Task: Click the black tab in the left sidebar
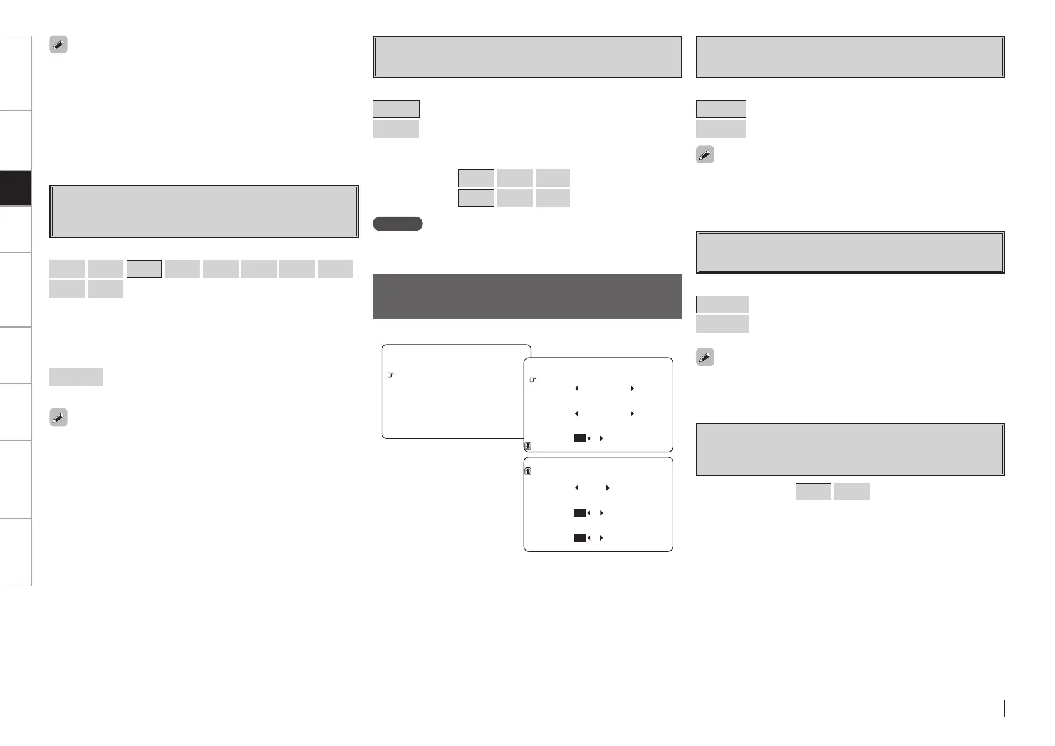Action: point(15,188)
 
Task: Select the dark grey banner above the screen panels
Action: point(527,296)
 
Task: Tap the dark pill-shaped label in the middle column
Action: point(397,224)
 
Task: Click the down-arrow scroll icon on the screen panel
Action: point(528,447)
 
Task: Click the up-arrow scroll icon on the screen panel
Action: point(528,471)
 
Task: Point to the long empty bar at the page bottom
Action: point(551,708)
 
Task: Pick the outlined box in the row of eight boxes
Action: point(144,269)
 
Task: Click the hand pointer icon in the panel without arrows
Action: point(390,375)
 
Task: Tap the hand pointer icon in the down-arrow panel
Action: point(533,380)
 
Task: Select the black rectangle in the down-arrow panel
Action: point(579,438)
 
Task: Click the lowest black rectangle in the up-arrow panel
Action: point(579,537)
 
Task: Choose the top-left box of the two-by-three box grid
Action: point(476,178)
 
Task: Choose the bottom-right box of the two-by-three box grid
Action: point(553,198)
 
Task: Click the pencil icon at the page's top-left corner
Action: point(58,44)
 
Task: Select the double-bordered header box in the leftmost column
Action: point(204,211)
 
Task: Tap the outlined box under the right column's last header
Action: point(813,492)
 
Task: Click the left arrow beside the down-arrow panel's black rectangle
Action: point(590,438)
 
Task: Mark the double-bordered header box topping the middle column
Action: point(527,57)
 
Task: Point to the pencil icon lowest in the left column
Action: point(58,418)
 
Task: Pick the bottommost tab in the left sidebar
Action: point(15,552)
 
